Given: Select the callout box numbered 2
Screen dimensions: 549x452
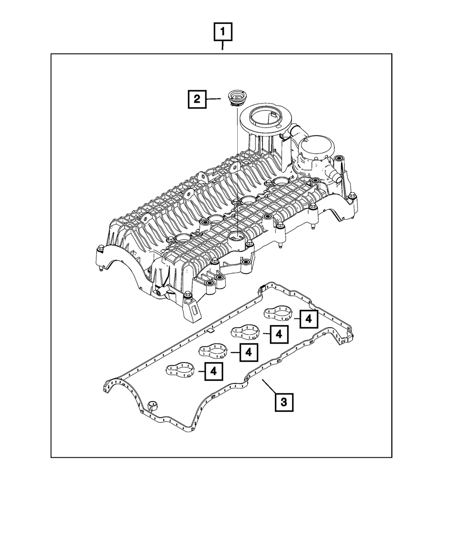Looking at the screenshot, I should point(197,99).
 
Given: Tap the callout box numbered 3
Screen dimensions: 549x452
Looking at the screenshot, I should point(283,402).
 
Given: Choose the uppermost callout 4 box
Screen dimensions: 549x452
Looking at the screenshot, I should point(308,319).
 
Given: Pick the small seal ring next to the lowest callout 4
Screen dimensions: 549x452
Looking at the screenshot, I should point(183,369).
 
